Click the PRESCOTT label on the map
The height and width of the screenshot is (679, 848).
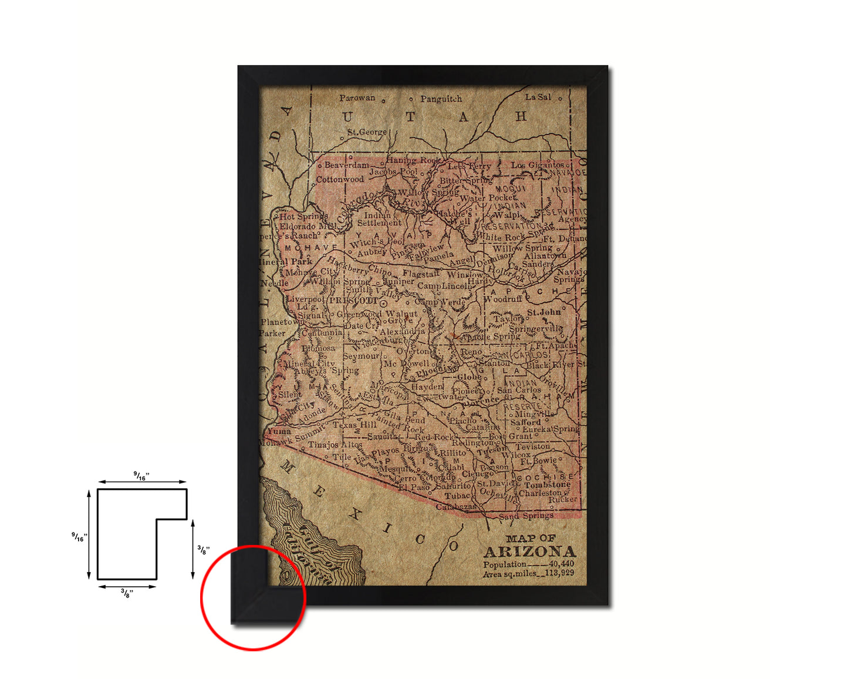tap(353, 300)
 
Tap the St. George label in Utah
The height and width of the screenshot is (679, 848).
tap(367, 132)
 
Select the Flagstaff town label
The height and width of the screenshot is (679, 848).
tap(421, 274)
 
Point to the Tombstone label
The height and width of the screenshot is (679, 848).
tap(547, 485)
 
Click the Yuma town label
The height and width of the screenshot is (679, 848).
tap(279, 431)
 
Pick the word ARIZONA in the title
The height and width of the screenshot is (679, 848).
tap(529, 552)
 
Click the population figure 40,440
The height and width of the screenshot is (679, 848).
tap(562, 564)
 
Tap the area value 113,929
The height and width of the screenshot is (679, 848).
tap(559, 573)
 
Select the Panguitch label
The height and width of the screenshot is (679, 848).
tap(441, 99)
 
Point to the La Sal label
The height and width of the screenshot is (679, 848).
tap(538, 97)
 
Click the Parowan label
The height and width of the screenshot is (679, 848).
tap(357, 98)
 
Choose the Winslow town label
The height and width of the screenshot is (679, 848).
tap(464, 274)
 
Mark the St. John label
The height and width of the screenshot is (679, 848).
tap(543, 312)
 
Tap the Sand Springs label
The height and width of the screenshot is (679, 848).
tap(526, 516)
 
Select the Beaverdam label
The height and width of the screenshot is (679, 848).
tap(347, 166)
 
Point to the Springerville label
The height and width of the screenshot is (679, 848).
tap(535, 329)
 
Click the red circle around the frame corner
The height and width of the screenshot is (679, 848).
tap(253, 597)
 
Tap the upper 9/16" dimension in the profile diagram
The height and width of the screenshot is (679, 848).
tap(141, 476)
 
